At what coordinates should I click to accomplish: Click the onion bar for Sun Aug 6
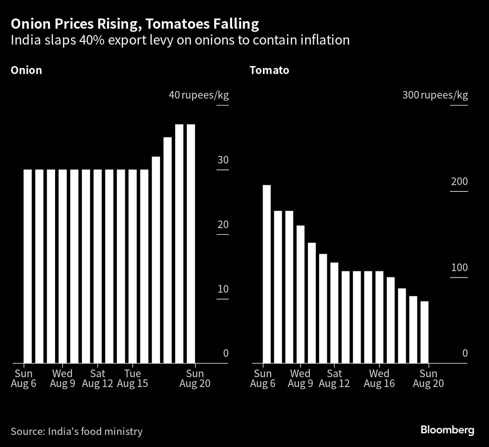(x=28, y=266)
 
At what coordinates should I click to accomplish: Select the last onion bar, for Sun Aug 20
(x=191, y=244)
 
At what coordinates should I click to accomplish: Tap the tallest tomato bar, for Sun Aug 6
(x=266, y=274)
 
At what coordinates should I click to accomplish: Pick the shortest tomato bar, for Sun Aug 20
(x=424, y=332)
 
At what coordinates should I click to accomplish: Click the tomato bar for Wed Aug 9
(x=300, y=294)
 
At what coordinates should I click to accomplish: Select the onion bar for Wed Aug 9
(x=63, y=266)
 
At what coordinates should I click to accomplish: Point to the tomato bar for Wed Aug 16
(x=380, y=317)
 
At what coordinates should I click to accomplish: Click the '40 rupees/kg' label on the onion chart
(x=198, y=95)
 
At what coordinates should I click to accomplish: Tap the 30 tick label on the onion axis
(x=223, y=160)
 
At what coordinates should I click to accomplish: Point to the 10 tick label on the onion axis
(x=223, y=289)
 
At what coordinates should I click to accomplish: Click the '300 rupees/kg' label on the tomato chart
(x=435, y=95)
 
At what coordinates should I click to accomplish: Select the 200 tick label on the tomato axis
(x=459, y=182)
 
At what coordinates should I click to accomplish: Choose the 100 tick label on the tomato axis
(x=459, y=268)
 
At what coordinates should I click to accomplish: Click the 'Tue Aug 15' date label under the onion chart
(x=132, y=379)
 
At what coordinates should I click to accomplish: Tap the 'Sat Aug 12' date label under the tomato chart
(x=334, y=379)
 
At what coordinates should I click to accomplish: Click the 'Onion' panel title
(x=26, y=70)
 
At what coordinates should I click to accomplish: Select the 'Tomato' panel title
(x=269, y=70)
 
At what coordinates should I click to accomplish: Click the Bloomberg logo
(x=447, y=430)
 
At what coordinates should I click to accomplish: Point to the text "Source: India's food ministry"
(x=77, y=431)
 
